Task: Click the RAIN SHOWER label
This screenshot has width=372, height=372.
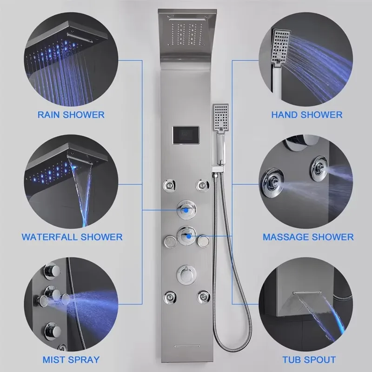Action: (x=71, y=115)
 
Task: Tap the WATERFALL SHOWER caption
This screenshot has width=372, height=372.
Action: (x=72, y=237)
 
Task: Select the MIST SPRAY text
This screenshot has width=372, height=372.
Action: (x=71, y=359)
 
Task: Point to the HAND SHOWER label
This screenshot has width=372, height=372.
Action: (x=307, y=115)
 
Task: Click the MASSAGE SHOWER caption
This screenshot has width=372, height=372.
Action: (x=308, y=237)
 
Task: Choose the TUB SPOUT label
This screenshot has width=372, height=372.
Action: (x=309, y=359)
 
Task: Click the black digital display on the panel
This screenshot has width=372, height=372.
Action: (x=186, y=135)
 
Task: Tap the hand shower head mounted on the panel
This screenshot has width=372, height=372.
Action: (x=220, y=118)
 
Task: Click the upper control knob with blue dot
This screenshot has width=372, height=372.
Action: (x=186, y=210)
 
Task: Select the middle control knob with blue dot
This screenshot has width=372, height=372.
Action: (x=187, y=236)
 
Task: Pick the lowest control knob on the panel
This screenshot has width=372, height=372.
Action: (x=186, y=274)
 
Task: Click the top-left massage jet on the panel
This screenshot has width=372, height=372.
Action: (x=169, y=185)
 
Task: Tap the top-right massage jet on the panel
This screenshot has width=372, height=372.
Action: (x=203, y=185)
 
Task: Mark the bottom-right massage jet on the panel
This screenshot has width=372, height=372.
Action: (x=203, y=297)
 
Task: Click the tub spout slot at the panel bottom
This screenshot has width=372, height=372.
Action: (x=186, y=346)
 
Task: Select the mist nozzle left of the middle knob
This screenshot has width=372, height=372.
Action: (x=170, y=241)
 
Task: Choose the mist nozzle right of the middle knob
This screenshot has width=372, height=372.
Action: (x=203, y=241)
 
